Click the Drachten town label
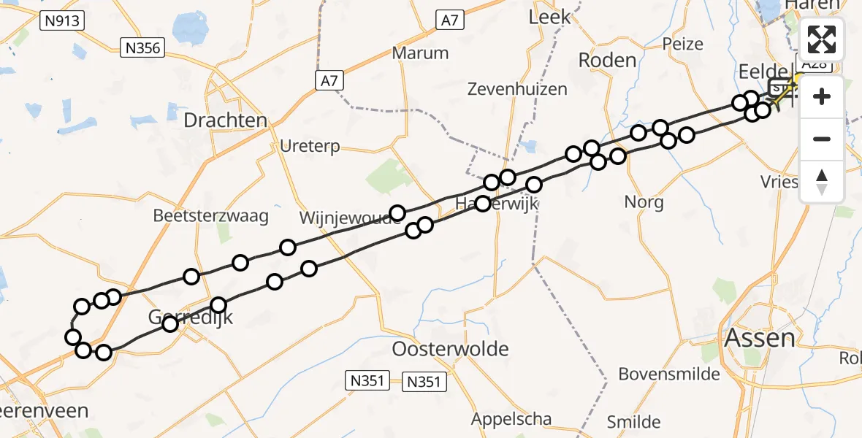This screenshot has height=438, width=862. click(226, 120)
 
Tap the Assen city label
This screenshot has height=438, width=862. click(759, 338)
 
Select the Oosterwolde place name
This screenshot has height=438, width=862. click(450, 349)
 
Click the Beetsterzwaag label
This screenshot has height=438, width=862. click(211, 216)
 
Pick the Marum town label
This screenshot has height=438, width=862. click(420, 53)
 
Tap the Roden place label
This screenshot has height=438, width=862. click(607, 60)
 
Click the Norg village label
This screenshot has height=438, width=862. click(644, 201)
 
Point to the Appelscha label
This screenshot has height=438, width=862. click(511, 419)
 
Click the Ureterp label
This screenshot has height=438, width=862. click(310, 147)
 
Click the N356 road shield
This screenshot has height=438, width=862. click(144, 49)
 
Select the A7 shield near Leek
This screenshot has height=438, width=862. click(449, 20)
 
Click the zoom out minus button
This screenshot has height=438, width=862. click(822, 139)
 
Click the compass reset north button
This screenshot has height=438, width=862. click(822, 181)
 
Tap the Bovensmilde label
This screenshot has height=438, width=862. click(669, 374)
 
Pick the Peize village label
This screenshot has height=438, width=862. click(682, 44)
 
